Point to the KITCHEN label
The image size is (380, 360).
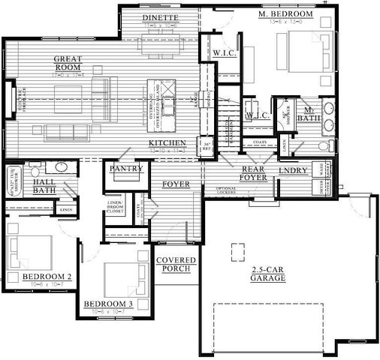(x=167, y=142)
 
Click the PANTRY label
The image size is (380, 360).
(x=125, y=169)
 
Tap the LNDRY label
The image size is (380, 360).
(x=293, y=172)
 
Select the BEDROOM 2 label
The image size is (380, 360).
(x=47, y=277)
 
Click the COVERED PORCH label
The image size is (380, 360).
(x=176, y=265)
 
